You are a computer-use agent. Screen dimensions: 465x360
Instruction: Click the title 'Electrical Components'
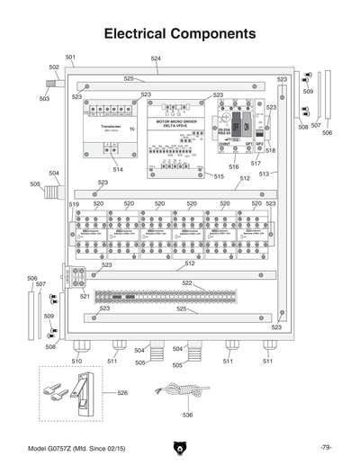pyautogui.click(x=180, y=34)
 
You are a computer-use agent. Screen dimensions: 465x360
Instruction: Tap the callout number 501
pyautogui.click(x=70, y=58)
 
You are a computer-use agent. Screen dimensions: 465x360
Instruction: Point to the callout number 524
pyautogui.click(x=156, y=58)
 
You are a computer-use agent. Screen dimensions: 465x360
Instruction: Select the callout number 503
pyautogui.click(x=44, y=99)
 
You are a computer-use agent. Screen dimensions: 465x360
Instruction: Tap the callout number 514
pyautogui.click(x=118, y=169)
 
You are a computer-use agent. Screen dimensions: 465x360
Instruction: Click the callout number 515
pyautogui.click(x=219, y=176)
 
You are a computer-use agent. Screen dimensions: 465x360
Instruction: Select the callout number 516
pyautogui.click(x=233, y=166)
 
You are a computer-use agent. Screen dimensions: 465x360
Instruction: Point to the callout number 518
pyautogui.click(x=270, y=151)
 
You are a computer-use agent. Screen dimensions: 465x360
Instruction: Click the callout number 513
pyautogui.click(x=265, y=174)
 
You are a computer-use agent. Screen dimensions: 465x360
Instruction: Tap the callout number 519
pyautogui.click(x=74, y=205)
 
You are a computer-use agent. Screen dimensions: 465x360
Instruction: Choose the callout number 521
pyautogui.click(x=85, y=296)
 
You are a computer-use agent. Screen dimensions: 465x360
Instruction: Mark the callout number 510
pyautogui.click(x=76, y=361)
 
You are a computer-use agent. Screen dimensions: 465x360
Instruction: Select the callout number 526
pyautogui.click(x=122, y=393)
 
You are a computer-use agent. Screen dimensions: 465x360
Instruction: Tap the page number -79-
pyautogui.click(x=325, y=447)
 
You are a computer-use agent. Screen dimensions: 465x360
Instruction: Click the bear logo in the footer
pyautogui.click(x=180, y=447)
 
